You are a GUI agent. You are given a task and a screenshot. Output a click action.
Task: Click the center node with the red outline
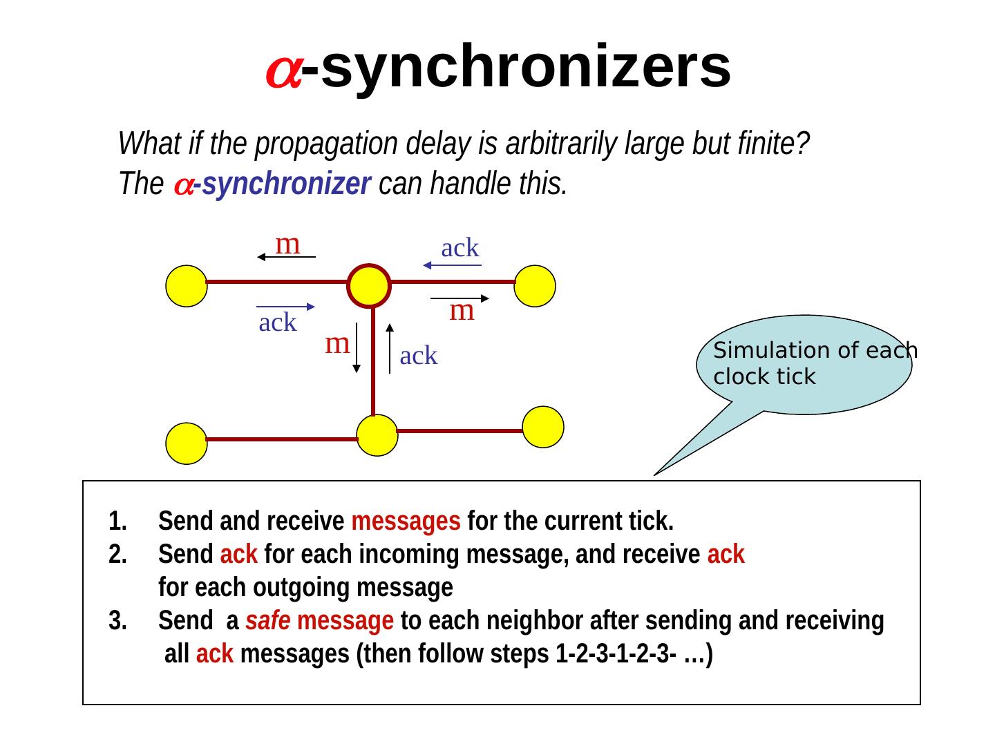tap(369, 285)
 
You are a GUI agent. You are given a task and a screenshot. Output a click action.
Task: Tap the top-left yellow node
tap(187, 286)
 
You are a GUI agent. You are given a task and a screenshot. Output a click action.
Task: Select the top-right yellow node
tap(535, 286)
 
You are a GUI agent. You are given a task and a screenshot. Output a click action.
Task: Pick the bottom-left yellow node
tap(187, 443)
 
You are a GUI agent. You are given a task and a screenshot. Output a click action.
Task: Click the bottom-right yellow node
tap(543, 427)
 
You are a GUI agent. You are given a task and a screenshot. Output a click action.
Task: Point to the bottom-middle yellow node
tap(377, 435)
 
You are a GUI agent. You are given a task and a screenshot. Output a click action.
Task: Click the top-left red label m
tap(287, 243)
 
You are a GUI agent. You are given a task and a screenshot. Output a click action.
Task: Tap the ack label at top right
tap(459, 247)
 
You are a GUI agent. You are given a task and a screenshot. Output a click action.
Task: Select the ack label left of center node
tap(277, 322)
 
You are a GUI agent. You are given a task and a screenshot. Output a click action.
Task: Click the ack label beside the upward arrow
tap(418, 356)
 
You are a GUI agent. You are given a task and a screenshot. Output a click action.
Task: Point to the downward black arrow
tap(356, 347)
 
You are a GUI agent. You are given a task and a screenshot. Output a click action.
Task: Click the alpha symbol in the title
tap(283, 69)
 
